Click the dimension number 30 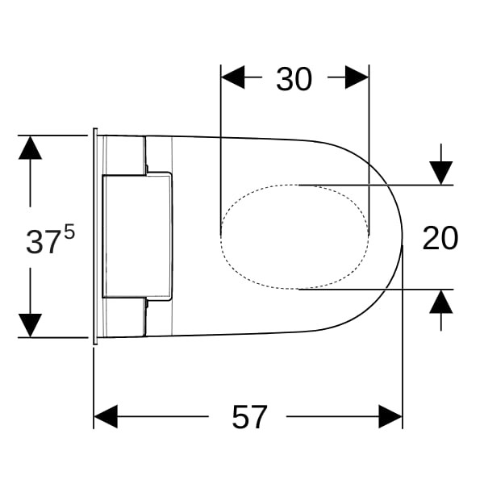pos(294,79)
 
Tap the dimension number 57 pos(249,417)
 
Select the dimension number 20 pos(440,238)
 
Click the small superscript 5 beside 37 pos(69,232)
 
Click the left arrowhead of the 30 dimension pos(233,77)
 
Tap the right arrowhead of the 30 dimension pos(357,77)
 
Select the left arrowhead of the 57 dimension pos(106,417)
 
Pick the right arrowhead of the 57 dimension pos(390,417)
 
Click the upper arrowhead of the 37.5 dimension pos(30,148)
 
